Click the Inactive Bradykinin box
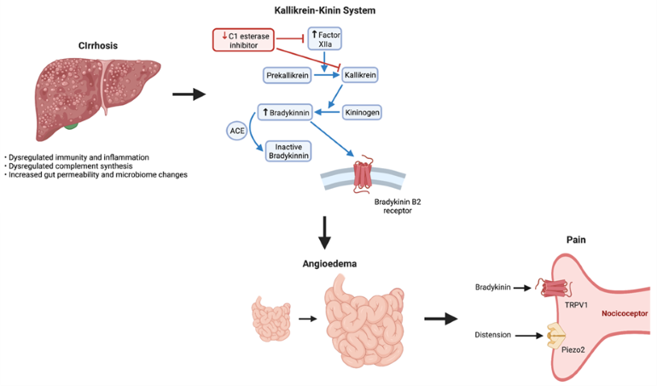[x=291, y=151]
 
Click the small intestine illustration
[x=271, y=319]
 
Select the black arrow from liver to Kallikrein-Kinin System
[x=189, y=92]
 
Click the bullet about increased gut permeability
[x=96, y=175]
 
